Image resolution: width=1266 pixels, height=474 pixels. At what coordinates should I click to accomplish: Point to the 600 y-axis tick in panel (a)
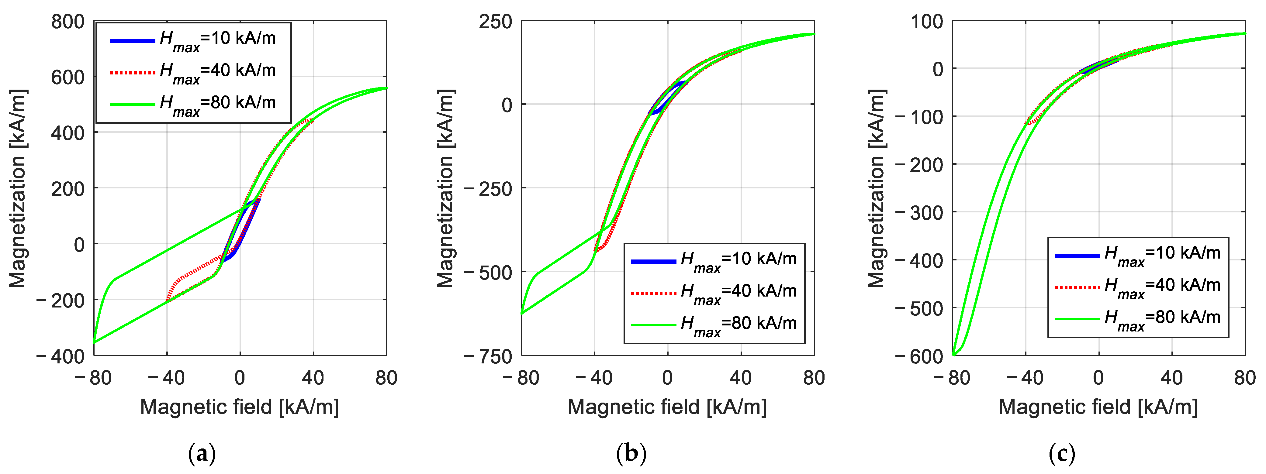pos(68,77)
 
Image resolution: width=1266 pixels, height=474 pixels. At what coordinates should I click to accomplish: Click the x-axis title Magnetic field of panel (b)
pos(667,407)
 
